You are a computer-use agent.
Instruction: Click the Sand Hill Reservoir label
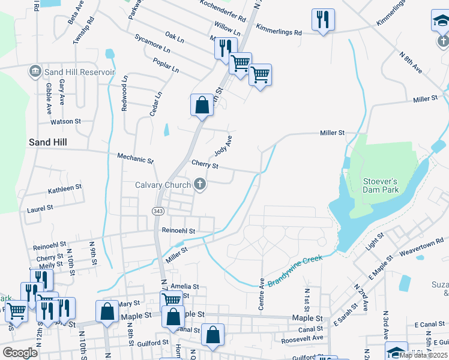(79, 72)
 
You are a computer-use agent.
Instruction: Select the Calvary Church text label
(163, 185)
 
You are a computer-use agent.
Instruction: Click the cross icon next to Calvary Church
(200, 185)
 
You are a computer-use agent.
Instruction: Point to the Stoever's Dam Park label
(381, 185)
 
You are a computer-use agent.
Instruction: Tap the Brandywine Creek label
(295, 271)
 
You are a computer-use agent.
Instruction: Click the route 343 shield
(158, 211)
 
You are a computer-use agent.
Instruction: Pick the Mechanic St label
(136, 160)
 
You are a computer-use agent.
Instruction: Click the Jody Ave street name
(223, 145)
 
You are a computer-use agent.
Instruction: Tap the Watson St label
(65, 121)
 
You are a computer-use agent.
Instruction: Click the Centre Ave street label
(262, 294)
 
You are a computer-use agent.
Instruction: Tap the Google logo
(20, 353)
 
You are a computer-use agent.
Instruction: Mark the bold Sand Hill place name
(48, 142)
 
